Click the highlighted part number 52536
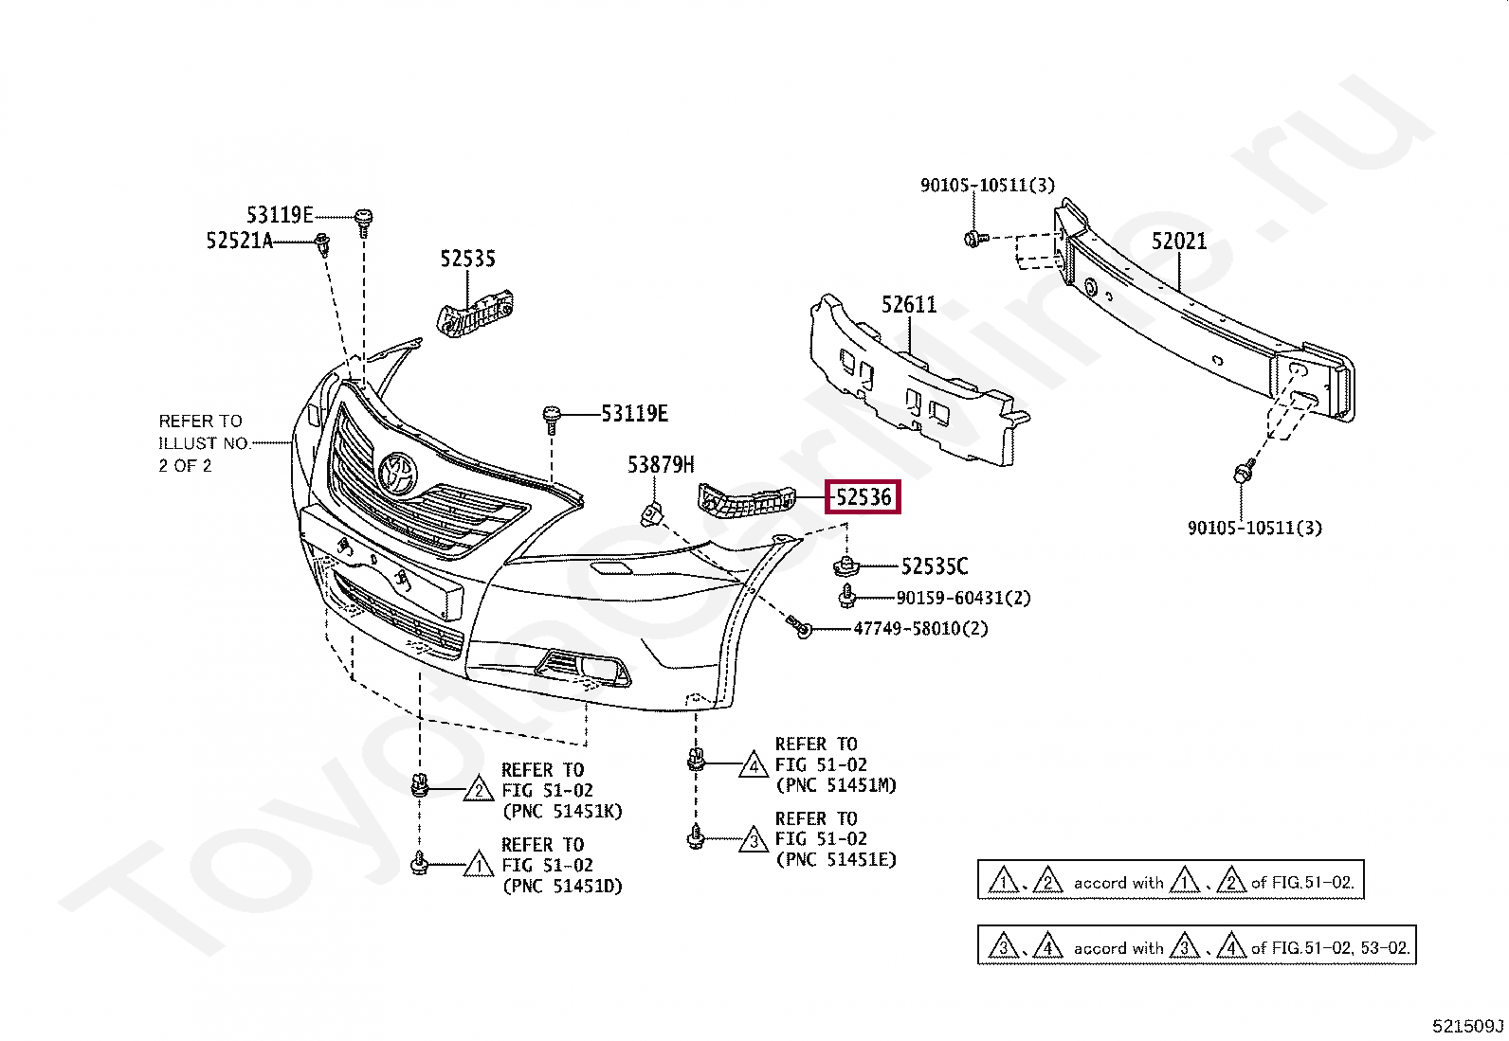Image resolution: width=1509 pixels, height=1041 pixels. point(863,496)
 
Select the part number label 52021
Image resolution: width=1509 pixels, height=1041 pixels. point(1179,242)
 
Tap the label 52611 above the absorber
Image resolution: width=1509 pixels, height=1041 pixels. point(908,305)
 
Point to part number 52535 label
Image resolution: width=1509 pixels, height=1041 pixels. point(467,259)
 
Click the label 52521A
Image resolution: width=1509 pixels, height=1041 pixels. point(239,241)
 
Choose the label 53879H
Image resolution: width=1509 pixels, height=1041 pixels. point(661,464)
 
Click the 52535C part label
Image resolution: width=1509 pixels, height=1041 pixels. point(935,566)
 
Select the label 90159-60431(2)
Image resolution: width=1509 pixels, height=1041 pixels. point(963,598)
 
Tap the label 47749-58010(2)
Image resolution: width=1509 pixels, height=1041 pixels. point(920,628)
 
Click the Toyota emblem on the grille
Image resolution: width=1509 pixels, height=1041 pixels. point(397,473)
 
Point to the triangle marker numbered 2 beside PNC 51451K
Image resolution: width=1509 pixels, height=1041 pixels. point(479,790)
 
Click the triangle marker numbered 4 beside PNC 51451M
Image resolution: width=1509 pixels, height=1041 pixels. point(754,764)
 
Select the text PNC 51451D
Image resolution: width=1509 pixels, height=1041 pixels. point(562,887)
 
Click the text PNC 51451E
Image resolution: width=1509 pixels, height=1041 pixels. point(835,860)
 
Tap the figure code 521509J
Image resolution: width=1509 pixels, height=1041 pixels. point(1467,1026)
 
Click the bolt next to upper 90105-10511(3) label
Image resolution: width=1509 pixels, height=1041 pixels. point(973,238)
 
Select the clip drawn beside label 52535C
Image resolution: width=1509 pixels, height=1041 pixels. point(845,566)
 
